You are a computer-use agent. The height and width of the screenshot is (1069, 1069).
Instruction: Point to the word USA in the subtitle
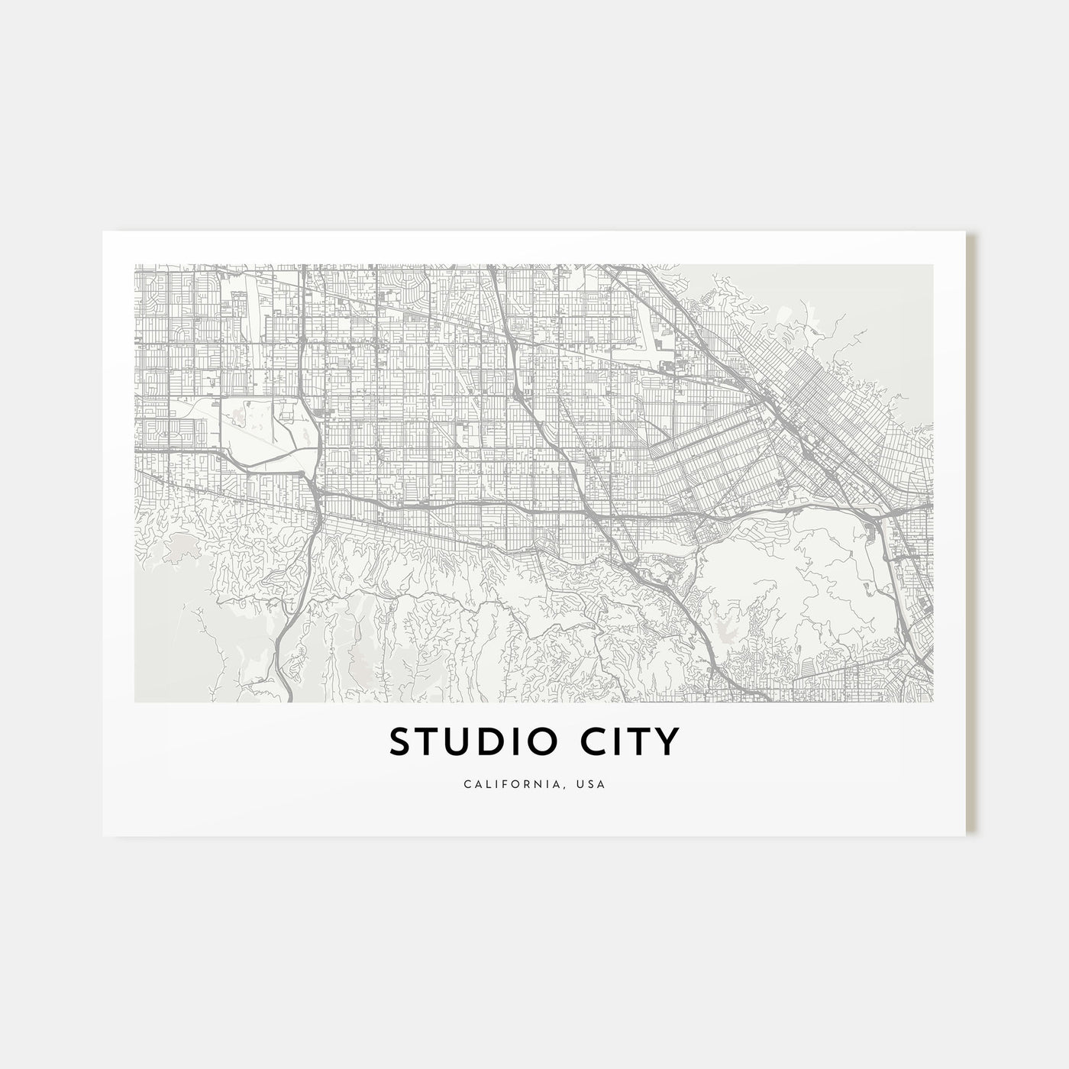point(592,784)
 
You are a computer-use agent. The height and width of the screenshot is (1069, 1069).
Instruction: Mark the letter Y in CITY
point(666,743)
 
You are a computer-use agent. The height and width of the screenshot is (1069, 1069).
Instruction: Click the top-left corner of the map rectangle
point(134,265)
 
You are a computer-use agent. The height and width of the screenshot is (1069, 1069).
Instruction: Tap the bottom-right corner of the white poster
point(967,835)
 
